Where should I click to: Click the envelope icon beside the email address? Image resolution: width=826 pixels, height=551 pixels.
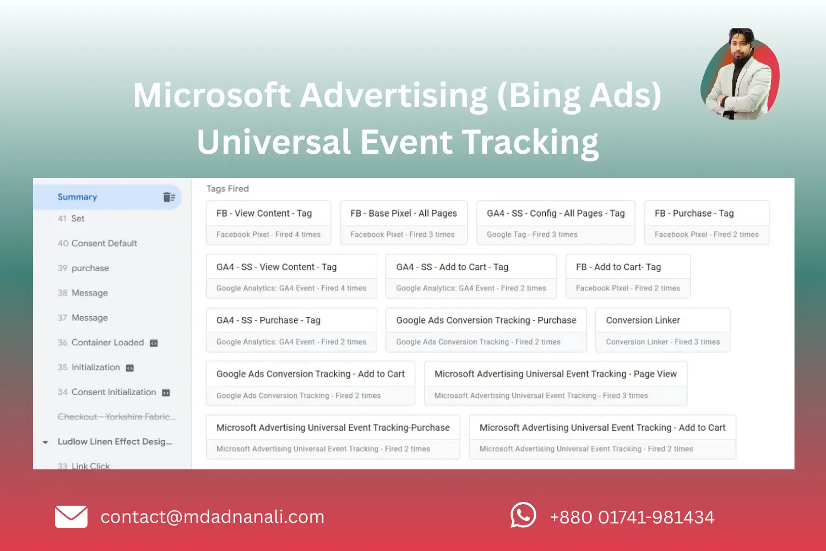click(x=71, y=517)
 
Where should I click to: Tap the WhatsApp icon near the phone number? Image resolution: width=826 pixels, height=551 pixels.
click(x=523, y=516)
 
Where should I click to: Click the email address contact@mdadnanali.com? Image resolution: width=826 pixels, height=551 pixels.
click(x=212, y=517)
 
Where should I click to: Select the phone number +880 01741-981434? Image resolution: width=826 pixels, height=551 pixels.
click(x=632, y=517)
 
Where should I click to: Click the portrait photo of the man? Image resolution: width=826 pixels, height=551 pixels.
click(x=740, y=74)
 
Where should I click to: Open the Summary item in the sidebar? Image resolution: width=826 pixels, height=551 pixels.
click(x=78, y=197)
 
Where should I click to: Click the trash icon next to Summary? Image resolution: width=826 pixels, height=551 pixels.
click(x=169, y=197)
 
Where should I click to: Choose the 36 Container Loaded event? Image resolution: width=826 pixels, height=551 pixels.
click(x=107, y=343)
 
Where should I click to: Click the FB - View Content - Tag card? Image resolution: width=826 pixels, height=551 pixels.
click(x=269, y=222)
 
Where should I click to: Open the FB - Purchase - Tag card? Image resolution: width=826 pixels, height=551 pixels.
click(x=706, y=222)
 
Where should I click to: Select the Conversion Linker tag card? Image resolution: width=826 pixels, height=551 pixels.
click(x=662, y=329)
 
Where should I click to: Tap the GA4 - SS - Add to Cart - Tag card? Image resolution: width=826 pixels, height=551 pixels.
click(x=471, y=276)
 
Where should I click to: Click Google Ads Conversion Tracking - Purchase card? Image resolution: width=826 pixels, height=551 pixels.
click(x=486, y=329)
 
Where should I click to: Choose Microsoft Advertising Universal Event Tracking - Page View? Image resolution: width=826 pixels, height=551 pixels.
click(x=556, y=383)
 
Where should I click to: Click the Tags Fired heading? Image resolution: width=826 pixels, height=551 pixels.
click(x=227, y=189)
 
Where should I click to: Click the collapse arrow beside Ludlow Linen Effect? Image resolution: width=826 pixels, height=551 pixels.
click(x=45, y=442)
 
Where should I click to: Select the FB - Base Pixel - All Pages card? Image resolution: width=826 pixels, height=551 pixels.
click(x=404, y=222)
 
